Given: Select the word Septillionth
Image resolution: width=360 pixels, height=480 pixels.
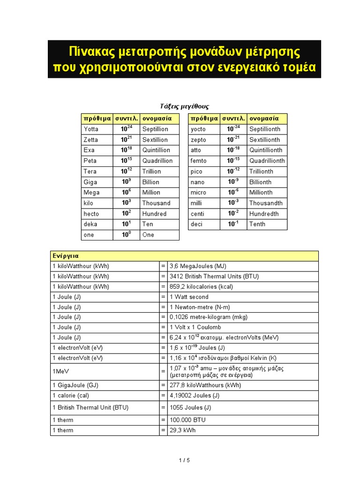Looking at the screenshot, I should coord(265,129).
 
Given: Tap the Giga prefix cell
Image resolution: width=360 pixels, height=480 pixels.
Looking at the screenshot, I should coord(91,182).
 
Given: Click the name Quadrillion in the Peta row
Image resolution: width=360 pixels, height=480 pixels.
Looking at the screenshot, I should coord(157,161).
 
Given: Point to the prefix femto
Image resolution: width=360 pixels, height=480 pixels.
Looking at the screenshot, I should coord(198,161).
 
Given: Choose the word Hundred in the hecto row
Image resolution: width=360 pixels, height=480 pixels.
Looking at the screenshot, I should coord(154,214).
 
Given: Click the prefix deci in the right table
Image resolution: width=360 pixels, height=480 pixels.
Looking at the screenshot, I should coord(196,224).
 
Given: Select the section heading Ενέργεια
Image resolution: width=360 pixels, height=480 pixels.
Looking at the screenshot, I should coord(66,256).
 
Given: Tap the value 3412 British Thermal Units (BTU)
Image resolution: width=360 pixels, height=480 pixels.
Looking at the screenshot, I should coord(214,277).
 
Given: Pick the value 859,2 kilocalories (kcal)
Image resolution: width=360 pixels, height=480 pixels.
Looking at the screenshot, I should coord(201,286).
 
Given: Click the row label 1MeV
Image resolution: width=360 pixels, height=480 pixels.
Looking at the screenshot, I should coord(60,371).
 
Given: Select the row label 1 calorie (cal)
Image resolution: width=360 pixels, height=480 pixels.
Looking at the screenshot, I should coord(70,396).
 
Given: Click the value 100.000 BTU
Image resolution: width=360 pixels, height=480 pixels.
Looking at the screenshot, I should coord(187,420).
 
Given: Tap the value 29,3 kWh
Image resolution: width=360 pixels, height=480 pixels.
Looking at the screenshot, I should coord(182,430).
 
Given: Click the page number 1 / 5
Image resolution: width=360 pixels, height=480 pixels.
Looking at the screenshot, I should coord(184,460).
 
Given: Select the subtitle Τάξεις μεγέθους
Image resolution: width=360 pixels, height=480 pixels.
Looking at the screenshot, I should coord(182,106).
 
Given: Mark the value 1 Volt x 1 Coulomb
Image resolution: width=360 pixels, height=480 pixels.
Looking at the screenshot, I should coord(195,327).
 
